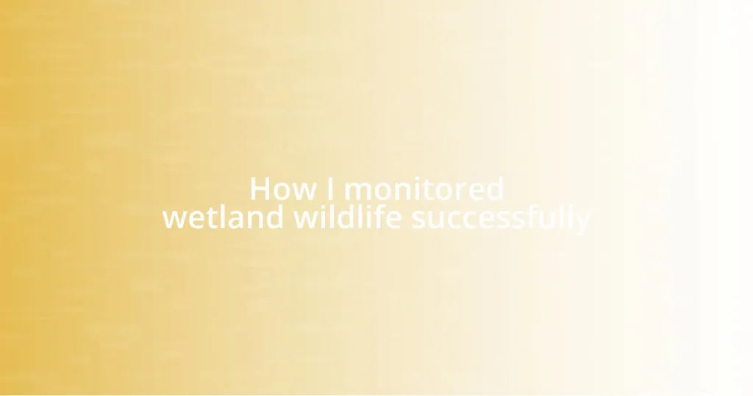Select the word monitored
click(x=424, y=190)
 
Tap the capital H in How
click(x=260, y=190)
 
